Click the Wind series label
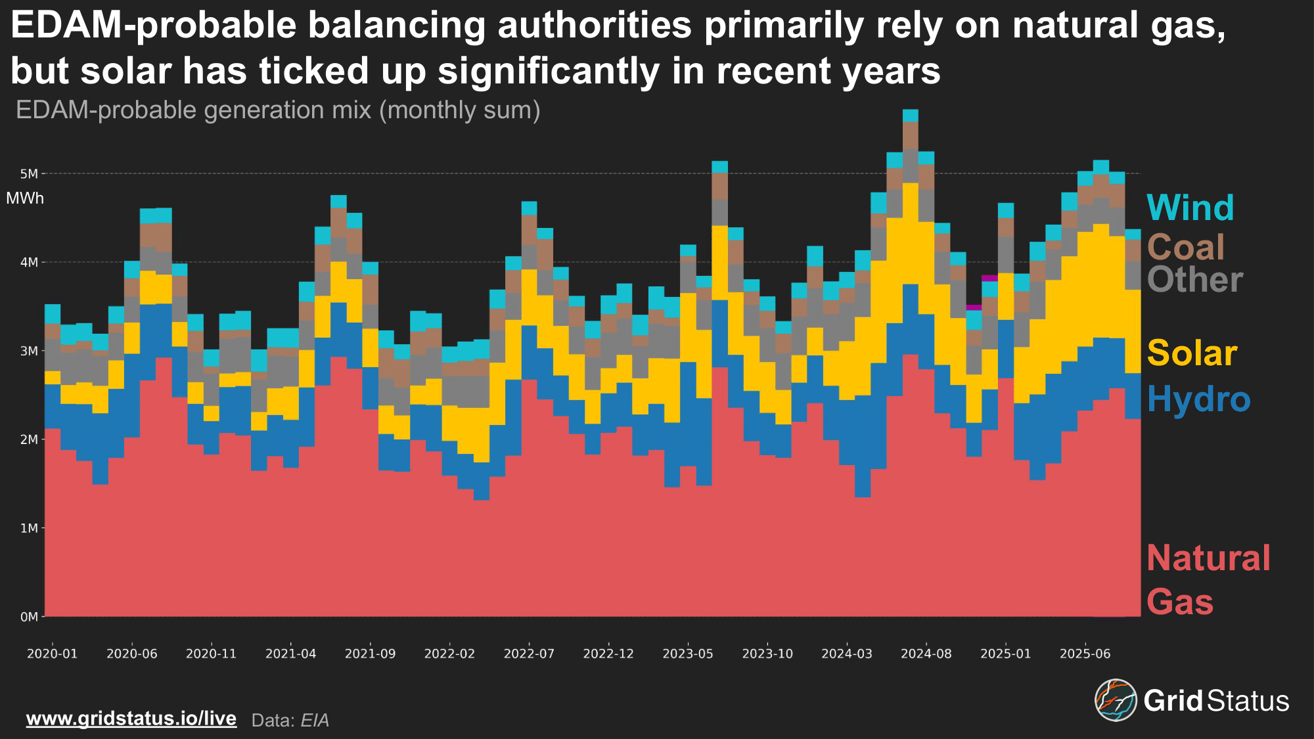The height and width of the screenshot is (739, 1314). [1190, 208]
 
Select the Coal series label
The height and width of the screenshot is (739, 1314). [1185, 248]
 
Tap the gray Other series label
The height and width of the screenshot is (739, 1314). [1194, 280]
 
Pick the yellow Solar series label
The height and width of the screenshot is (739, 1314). [1192, 353]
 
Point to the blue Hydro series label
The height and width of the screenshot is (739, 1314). [1198, 399]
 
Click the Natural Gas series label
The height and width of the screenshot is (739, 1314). [1208, 579]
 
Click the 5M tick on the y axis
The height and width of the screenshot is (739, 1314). [29, 174]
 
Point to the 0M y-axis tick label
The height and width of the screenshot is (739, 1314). [29, 617]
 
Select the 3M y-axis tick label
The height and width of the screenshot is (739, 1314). [29, 351]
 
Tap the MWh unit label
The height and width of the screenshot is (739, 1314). [25, 198]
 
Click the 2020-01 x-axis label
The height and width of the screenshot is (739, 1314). [52, 654]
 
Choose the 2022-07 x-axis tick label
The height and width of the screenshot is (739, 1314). [529, 654]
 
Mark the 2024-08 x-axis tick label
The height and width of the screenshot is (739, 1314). [926, 654]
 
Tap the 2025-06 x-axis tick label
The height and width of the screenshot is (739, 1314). [1085, 654]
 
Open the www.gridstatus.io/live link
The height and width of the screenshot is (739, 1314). [131, 718]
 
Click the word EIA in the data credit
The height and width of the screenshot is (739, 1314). [315, 721]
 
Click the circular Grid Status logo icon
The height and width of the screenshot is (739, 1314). [1116, 700]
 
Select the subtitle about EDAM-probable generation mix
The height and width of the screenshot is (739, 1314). [278, 110]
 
